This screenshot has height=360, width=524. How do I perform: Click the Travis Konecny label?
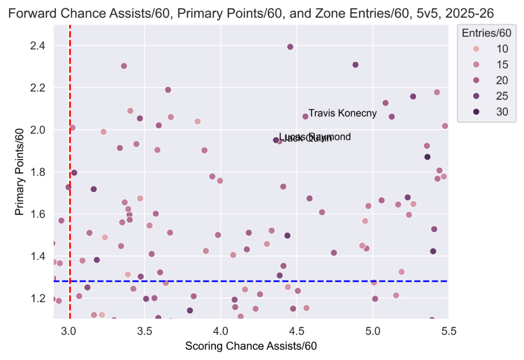343,114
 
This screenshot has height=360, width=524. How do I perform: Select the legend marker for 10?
476,49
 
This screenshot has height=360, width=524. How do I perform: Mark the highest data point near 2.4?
290,47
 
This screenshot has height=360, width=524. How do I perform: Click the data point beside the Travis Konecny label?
305,117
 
